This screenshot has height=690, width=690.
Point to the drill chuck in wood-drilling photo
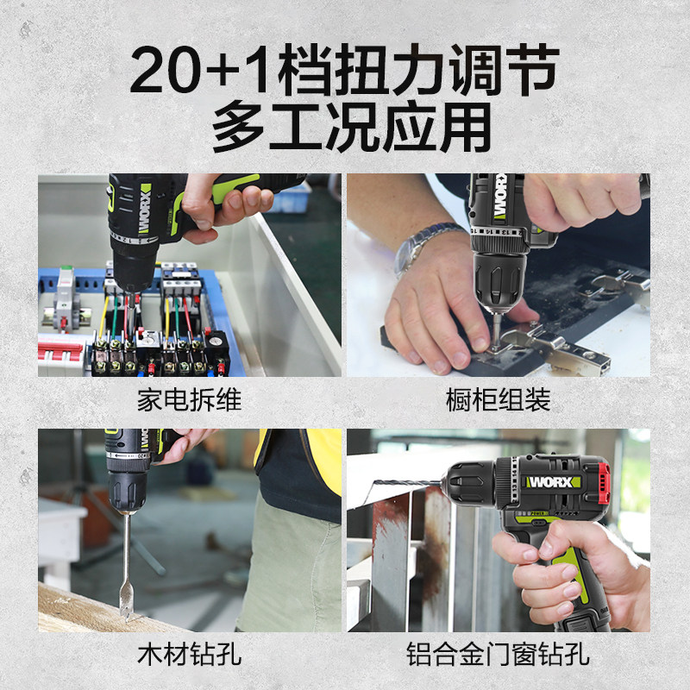click(x=129, y=492)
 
